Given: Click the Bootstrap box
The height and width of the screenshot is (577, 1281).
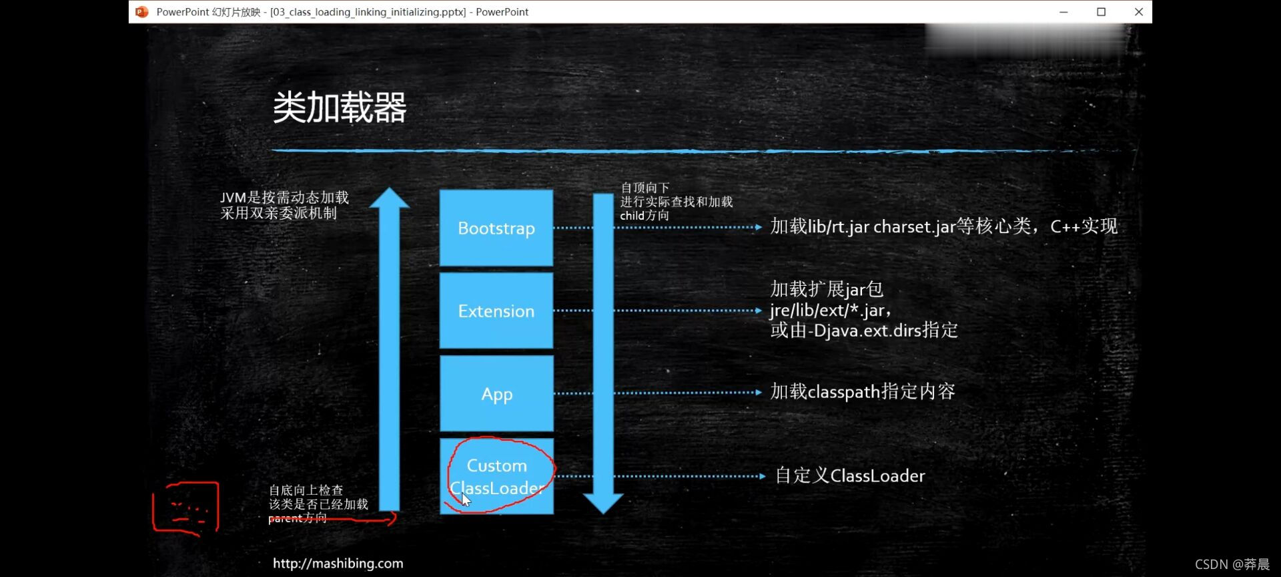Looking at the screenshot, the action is [x=496, y=228].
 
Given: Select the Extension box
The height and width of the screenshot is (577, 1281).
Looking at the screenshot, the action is [x=496, y=311].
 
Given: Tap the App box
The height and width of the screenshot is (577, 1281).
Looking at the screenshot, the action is [x=496, y=393].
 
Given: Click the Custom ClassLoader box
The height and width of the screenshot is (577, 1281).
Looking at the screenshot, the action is [x=496, y=476].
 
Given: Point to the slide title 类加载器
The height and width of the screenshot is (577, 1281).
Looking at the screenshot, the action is [x=340, y=108].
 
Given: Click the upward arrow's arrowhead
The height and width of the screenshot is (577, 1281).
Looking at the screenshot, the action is [x=390, y=198].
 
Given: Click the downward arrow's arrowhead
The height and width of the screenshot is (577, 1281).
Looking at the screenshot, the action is [x=603, y=503].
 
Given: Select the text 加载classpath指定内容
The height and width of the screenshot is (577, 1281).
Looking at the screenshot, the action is [x=862, y=391].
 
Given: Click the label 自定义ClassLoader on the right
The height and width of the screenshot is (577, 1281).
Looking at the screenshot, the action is [x=850, y=475].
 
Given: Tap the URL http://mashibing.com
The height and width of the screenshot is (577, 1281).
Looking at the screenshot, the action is [x=338, y=563].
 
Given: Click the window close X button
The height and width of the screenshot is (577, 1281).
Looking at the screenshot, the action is [x=1139, y=12].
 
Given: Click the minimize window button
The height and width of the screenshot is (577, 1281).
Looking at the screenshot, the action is [x=1063, y=12].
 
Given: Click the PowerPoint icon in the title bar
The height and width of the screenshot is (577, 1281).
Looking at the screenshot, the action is [x=141, y=12].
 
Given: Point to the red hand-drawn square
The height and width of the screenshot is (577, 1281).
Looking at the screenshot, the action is [x=186, y=508].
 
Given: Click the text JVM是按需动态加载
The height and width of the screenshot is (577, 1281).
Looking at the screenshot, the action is [x=285, y=198].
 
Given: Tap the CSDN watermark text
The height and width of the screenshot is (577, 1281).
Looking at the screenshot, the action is [x=1232, y=564].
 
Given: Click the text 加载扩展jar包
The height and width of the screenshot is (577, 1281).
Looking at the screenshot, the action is [x=827, y=289].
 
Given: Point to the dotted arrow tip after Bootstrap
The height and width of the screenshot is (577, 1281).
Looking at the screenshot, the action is [x=759, y=227].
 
